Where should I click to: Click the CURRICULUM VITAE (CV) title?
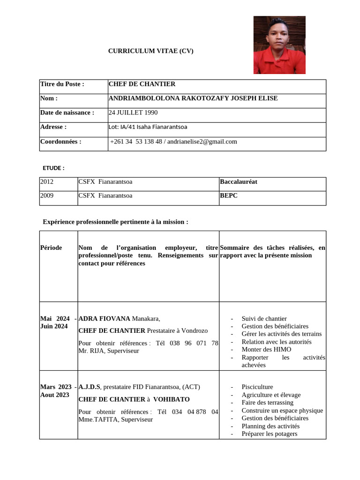click(150, 51)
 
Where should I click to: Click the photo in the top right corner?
click(279, 45)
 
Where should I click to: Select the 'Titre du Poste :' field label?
click(62, 84)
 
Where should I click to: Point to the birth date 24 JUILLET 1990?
click(133, 112)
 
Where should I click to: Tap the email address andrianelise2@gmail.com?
click(202, 142)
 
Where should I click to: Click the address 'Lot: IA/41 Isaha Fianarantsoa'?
click(148, 127)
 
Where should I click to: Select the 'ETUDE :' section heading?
click(53, 168)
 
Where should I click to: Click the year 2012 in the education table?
click(47, 182)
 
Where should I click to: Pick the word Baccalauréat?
click(239, 182)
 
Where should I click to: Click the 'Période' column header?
click(51, 247)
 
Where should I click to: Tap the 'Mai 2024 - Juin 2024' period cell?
click(58, 322)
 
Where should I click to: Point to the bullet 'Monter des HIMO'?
click(266, 349)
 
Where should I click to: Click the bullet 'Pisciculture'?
click(257, 387)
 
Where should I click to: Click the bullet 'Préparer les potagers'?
click(269, 434)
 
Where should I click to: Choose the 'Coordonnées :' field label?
click(61, 142)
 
